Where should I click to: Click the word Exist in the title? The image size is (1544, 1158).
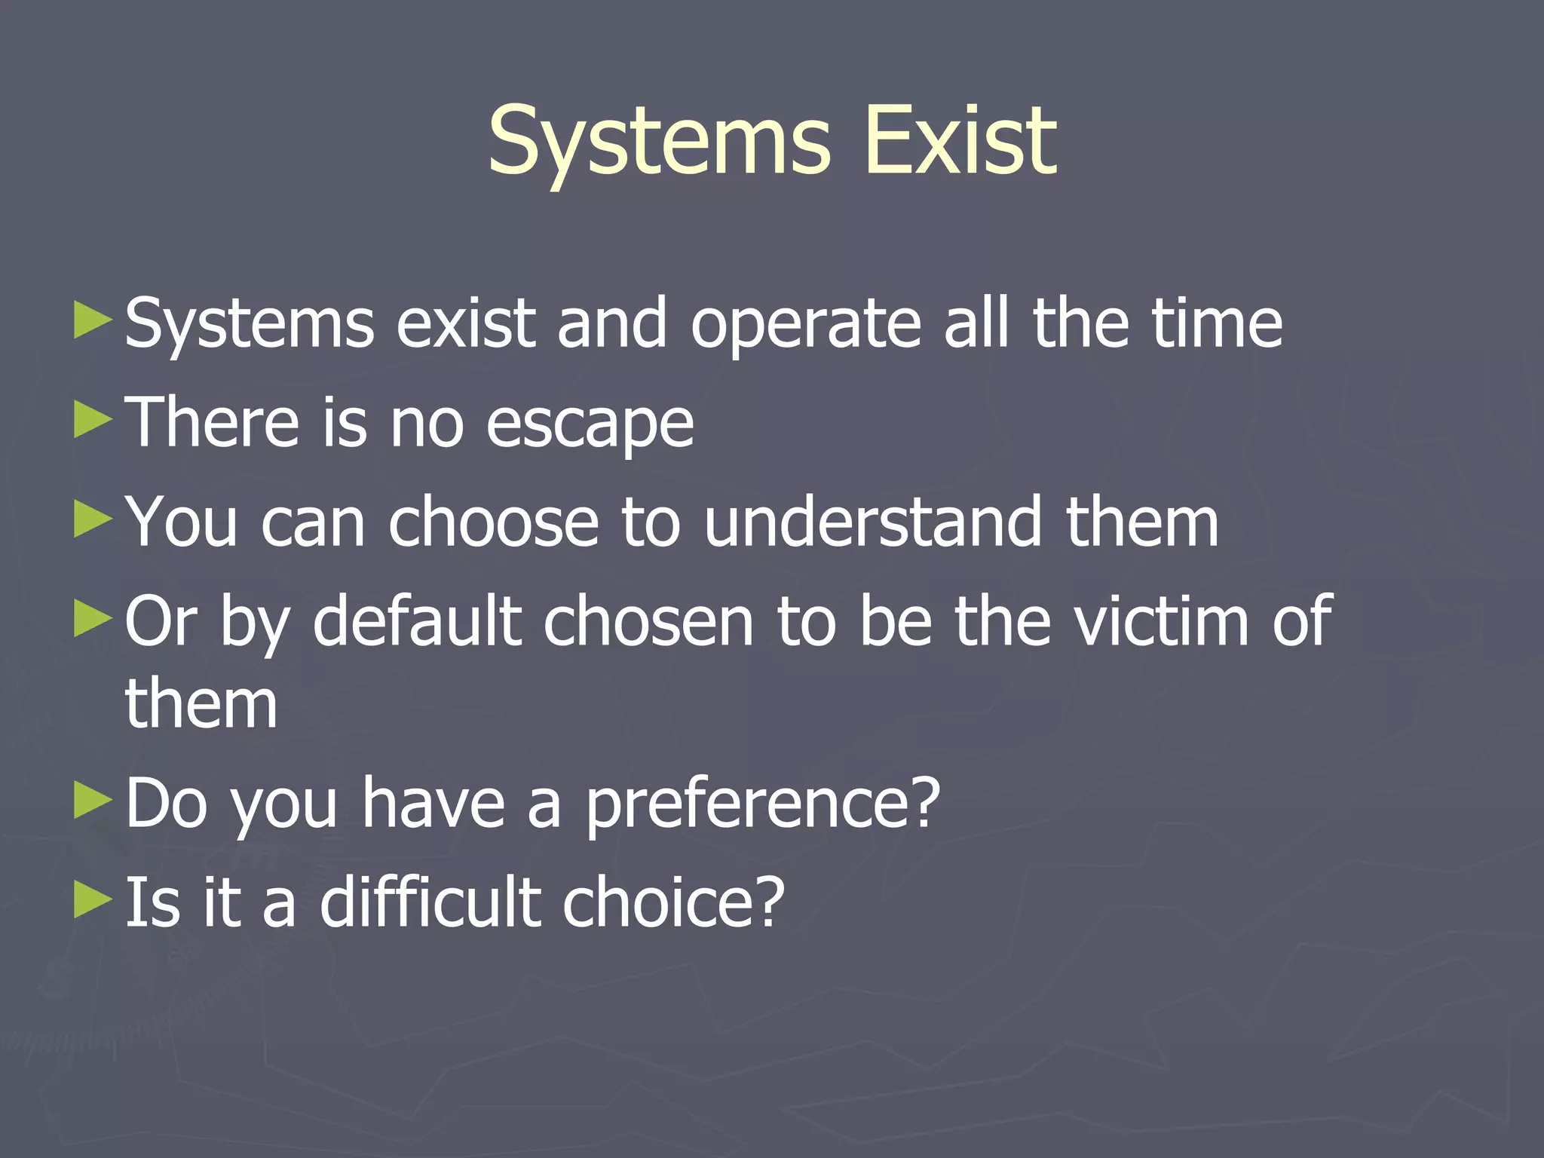(961, 140)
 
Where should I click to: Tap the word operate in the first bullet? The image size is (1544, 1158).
(806, 326)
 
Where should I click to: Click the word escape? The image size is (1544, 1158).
(590, 425)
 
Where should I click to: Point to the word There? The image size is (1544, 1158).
(211, 422)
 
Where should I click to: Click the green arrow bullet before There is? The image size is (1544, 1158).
(93, 420)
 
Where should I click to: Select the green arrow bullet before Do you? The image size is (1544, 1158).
(93, 801)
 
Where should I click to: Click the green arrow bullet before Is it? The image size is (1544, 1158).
(93, 899)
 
